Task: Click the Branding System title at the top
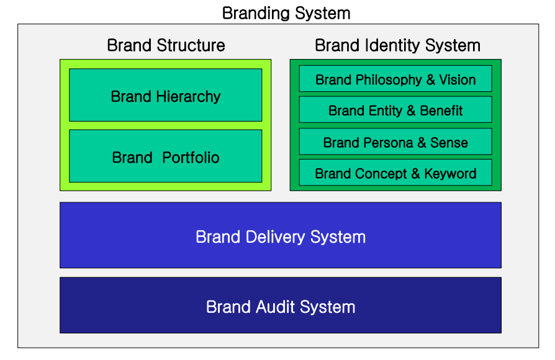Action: [x=286, y=12]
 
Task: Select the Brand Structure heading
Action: [x=166, y=45]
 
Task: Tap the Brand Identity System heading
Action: [x=397, y=45]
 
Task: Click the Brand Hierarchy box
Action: [x=165, y=95]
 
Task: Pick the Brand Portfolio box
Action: [x=165, y=156]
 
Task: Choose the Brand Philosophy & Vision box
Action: [x=395, y=79]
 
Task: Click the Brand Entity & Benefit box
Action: [x=395, y=110]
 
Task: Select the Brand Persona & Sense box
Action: [x=395, y=142]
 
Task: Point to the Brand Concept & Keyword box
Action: [x=395, y=173]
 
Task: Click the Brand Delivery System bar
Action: [x=281, y=236]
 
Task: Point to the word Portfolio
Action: [x=191, y=158]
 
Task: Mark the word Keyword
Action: [x=450, y=173]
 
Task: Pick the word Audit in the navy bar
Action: [x=277, y=307]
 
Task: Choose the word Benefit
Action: [x=441, y=111]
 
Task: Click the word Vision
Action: [x=458, y=80]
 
